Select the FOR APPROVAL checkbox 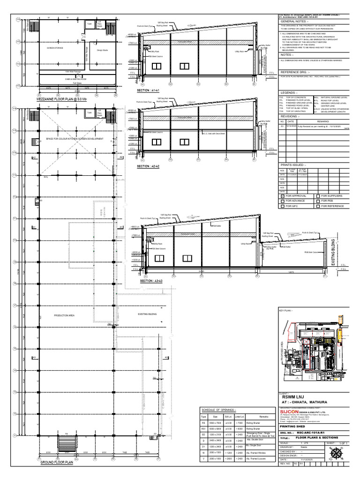click(x=282, y=196)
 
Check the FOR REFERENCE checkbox click(x=318, y=206)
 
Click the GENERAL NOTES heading click(x=294, y=22)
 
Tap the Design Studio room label click(x=103, y=50)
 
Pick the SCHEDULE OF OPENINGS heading click(x=218, y=409)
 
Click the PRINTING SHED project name click(x=292, y=426)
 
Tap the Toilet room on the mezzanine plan click(x=90, y=22)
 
